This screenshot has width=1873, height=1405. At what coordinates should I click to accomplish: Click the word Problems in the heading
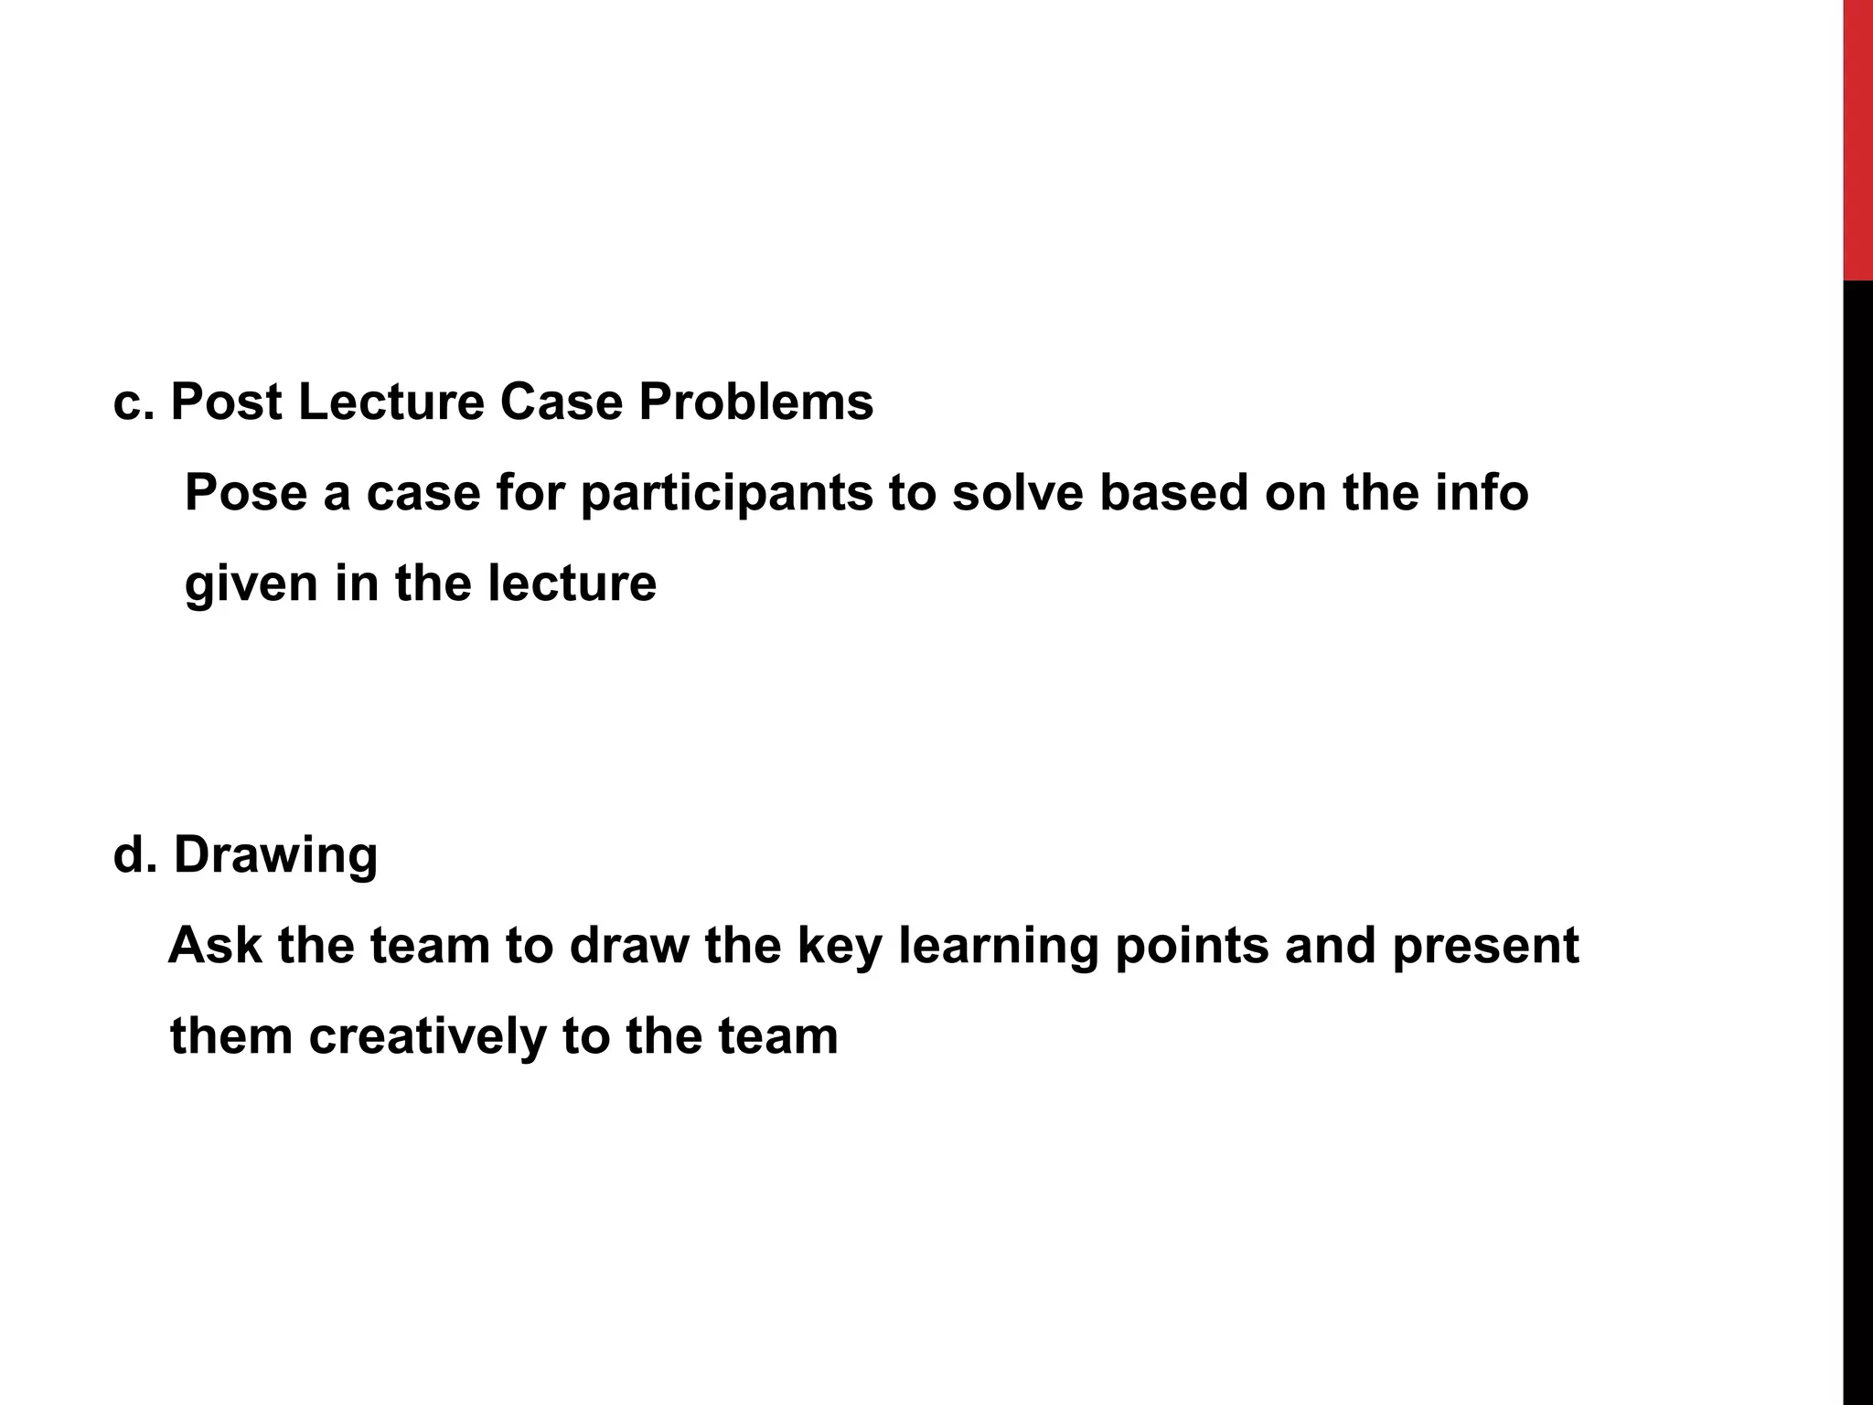pos(755,402)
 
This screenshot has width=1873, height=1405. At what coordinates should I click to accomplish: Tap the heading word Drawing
pos(275,855)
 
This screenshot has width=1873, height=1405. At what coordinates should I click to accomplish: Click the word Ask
pos(214,945)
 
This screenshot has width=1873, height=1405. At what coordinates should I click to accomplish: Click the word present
pos(1485,945)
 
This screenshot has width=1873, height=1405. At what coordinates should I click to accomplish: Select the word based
pos(1173,493)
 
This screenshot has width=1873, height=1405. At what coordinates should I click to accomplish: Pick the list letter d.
pos(130,855)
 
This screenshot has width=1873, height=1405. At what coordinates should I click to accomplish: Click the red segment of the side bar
pos(1857,137)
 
